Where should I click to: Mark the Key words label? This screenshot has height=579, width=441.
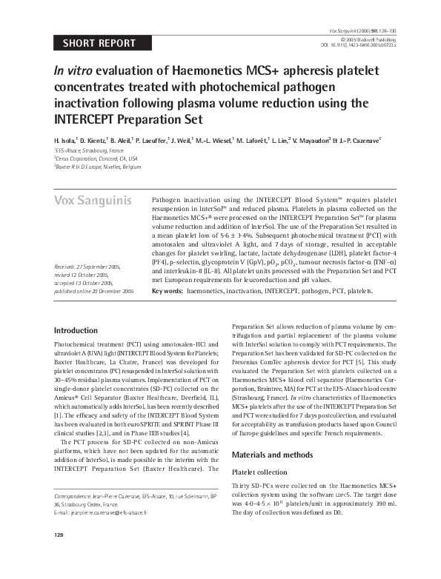click(x=167, y=292)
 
